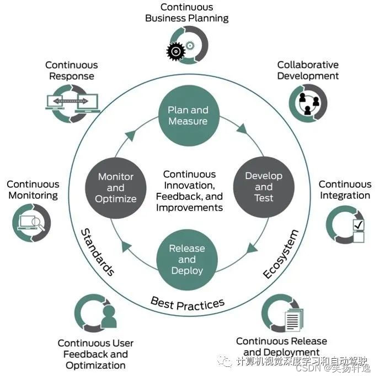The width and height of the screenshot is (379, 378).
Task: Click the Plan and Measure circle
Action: pos(188,116)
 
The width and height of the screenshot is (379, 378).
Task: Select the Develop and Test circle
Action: pos(263,187)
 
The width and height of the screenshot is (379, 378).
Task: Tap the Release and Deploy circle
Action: pos(187,259)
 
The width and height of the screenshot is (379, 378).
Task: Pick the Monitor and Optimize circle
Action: pos(116,187)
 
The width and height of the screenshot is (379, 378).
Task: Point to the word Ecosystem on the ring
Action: pos(281,254)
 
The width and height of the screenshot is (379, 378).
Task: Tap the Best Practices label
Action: pos(188,303)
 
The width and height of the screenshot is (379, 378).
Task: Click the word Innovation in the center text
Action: pos(189,185)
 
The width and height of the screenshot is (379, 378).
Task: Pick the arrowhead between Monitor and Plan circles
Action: pos(131,134)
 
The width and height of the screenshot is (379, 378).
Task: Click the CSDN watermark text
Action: pos(311,369)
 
